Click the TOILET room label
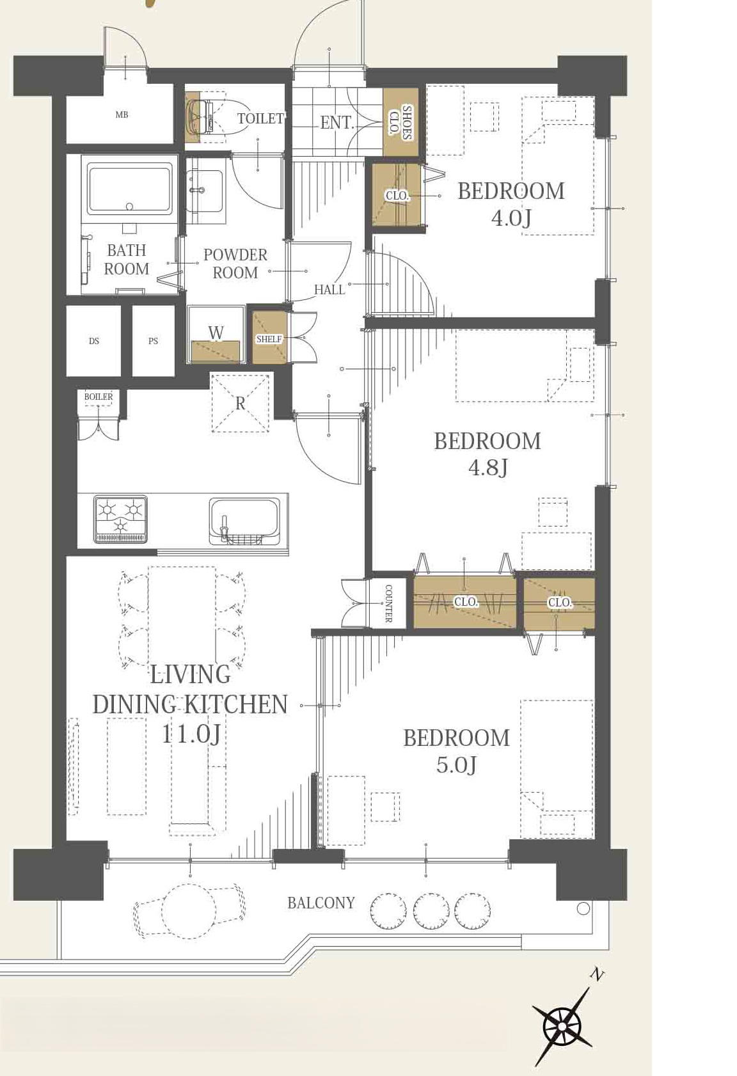[260, 118]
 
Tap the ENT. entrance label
[337, 122]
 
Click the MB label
[122, 115]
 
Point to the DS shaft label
[93, 341]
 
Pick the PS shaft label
[153, 341]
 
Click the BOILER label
[99, 397]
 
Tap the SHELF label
[269, 339]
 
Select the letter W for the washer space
[216, 333]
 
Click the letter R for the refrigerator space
[240, 404]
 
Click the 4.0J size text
[511, 219]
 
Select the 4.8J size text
[487, 468]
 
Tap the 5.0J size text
[456, 764]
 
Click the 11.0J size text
[191, 734]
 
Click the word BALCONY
[321, 903]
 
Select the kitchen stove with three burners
[120, 519]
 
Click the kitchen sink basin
[244, 521]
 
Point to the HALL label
[329, 290]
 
